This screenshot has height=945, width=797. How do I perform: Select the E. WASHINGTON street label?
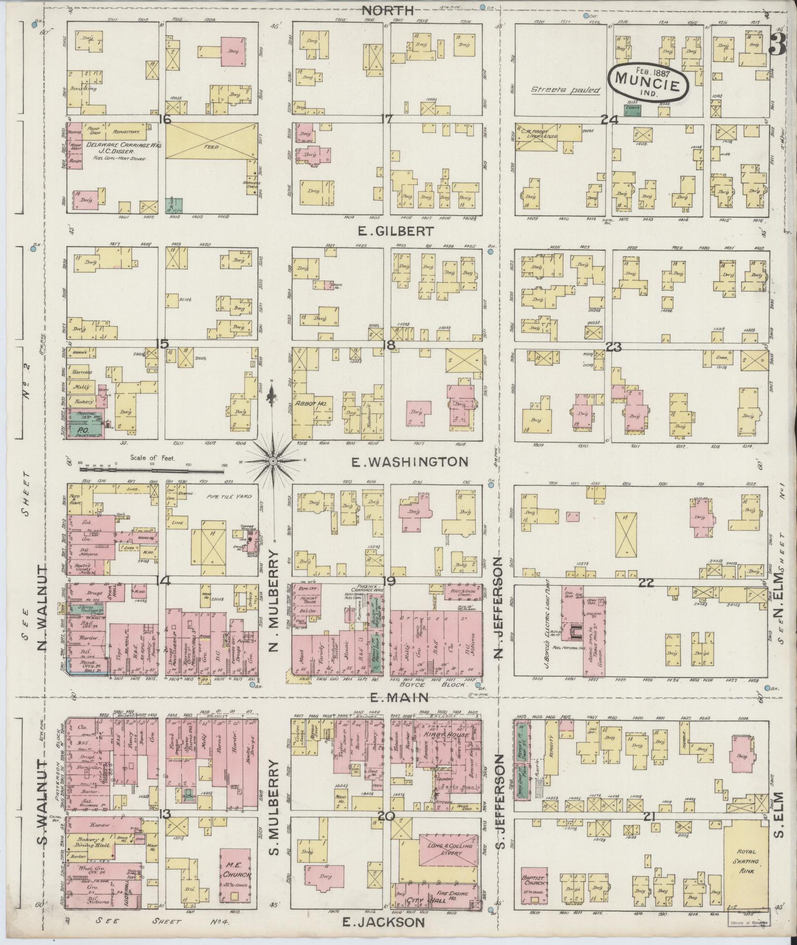(x=409, y=461)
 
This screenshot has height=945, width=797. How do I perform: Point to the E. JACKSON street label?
(x=383, y=922)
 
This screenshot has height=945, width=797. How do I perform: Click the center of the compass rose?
(x=272, y=461)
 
